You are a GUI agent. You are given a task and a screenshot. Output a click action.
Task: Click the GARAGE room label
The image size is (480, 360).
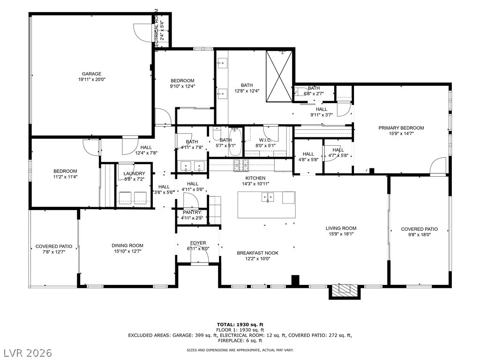pyautogui.click(x=92, y=74)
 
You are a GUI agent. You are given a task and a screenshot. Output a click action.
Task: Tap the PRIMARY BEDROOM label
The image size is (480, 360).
pyautogui.click(x=401, y=128)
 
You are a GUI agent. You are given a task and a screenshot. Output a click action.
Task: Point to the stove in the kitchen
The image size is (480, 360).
pyautogui.click(x=242, y=164)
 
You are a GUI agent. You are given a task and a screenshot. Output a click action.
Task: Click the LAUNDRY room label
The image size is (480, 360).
pyautogui.click(x=134, y=174)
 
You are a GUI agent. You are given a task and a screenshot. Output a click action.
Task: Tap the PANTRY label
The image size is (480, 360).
pyautogui.click(x=192, y=212)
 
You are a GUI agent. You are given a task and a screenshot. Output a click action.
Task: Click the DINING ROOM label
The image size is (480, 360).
pyautogui.click(x=127, y=245)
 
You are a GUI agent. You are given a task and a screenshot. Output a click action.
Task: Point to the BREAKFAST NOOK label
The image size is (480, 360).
pyautogui.click(x=257, y=253)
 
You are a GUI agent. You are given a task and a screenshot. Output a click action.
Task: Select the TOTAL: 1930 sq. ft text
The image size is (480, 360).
pyautogui.click(x=240, y=324)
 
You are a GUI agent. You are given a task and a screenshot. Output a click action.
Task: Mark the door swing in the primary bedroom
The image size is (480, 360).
pyautogui.click(x=439, y=166)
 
